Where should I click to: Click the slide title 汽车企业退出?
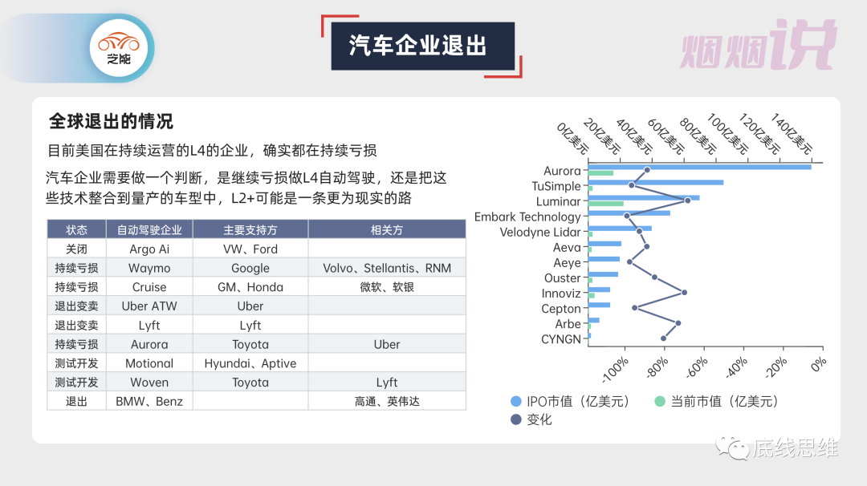[x=418, y=46]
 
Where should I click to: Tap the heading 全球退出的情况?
[x=111, y=121]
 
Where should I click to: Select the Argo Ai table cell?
[x=149, y=249]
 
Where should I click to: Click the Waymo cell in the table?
[x=149, y=268]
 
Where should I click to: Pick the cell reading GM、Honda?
[x=250, y=287]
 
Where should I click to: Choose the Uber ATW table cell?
[x=149, y=306]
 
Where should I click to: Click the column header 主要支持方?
[x=250, y=230]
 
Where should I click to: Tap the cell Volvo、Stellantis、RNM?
[x=387, y=268]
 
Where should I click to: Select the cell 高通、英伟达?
[x=387, y=401]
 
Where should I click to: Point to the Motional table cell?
[x=149, y=363]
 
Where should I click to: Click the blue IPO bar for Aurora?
[x=698, y=166]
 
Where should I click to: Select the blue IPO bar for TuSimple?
[x=655, y=182]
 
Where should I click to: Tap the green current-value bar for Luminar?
[x=605, y=204]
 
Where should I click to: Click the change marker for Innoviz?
[x=684, y=293]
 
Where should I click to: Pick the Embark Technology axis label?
[x=527, y=217]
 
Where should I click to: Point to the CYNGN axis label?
[x=560, y=339]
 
